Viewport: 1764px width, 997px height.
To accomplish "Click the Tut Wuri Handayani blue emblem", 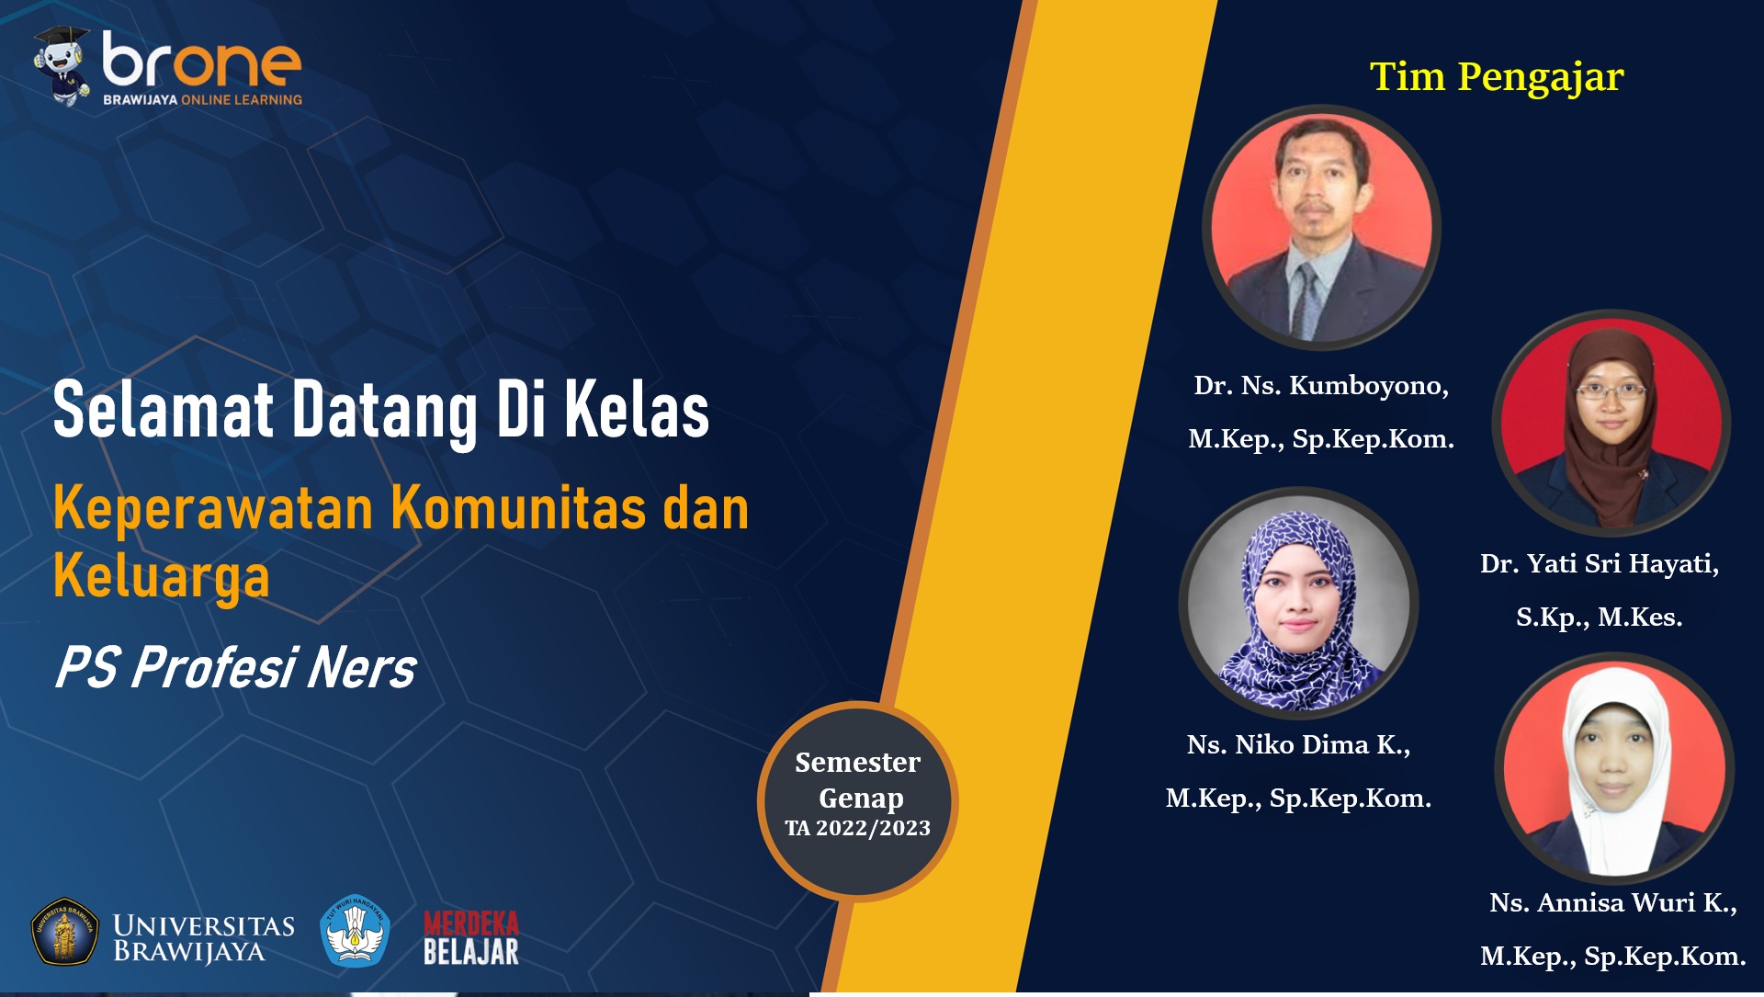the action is [355, 931].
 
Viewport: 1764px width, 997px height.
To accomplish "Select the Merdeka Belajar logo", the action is [471, 937].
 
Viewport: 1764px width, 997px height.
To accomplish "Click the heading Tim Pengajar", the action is [1497, 77].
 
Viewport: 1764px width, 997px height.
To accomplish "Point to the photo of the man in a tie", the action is [1321, 227].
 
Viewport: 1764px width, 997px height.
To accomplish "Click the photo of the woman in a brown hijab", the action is [1611, 423].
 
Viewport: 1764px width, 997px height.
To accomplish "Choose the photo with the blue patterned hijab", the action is [1298, 603].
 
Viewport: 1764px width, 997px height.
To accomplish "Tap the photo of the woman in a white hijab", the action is [1614, 768].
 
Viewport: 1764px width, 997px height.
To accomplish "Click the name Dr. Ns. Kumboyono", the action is [1321, 386].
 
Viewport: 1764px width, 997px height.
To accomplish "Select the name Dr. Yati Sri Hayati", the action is [1600, 563].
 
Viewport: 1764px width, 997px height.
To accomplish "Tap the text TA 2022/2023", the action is [857, 828].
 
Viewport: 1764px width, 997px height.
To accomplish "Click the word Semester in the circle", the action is [857, 762].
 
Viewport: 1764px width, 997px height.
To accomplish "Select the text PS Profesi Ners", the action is [235, 667].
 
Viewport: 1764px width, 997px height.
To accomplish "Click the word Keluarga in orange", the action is [162, 577].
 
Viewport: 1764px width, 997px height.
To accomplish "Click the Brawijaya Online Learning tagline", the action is [202, 99].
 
